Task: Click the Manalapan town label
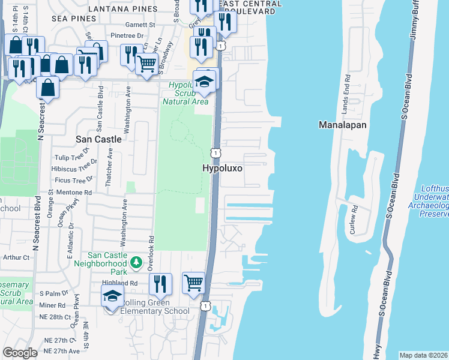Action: coord(343,125)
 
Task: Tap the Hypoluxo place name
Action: coord(222,169)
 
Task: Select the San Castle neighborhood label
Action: coord(98,139)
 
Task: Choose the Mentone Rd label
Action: coord(73,193)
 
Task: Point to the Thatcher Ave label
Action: coord(109,170)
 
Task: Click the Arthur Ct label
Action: coord(16,257)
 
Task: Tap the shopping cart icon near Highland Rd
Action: coord(193,282)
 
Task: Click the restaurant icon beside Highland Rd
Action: coord(160,283)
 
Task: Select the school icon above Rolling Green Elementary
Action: coord(112,296)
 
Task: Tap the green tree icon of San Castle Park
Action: coord(136,262)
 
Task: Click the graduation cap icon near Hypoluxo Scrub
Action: coord(205,82)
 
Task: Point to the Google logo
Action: coord(20,353)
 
